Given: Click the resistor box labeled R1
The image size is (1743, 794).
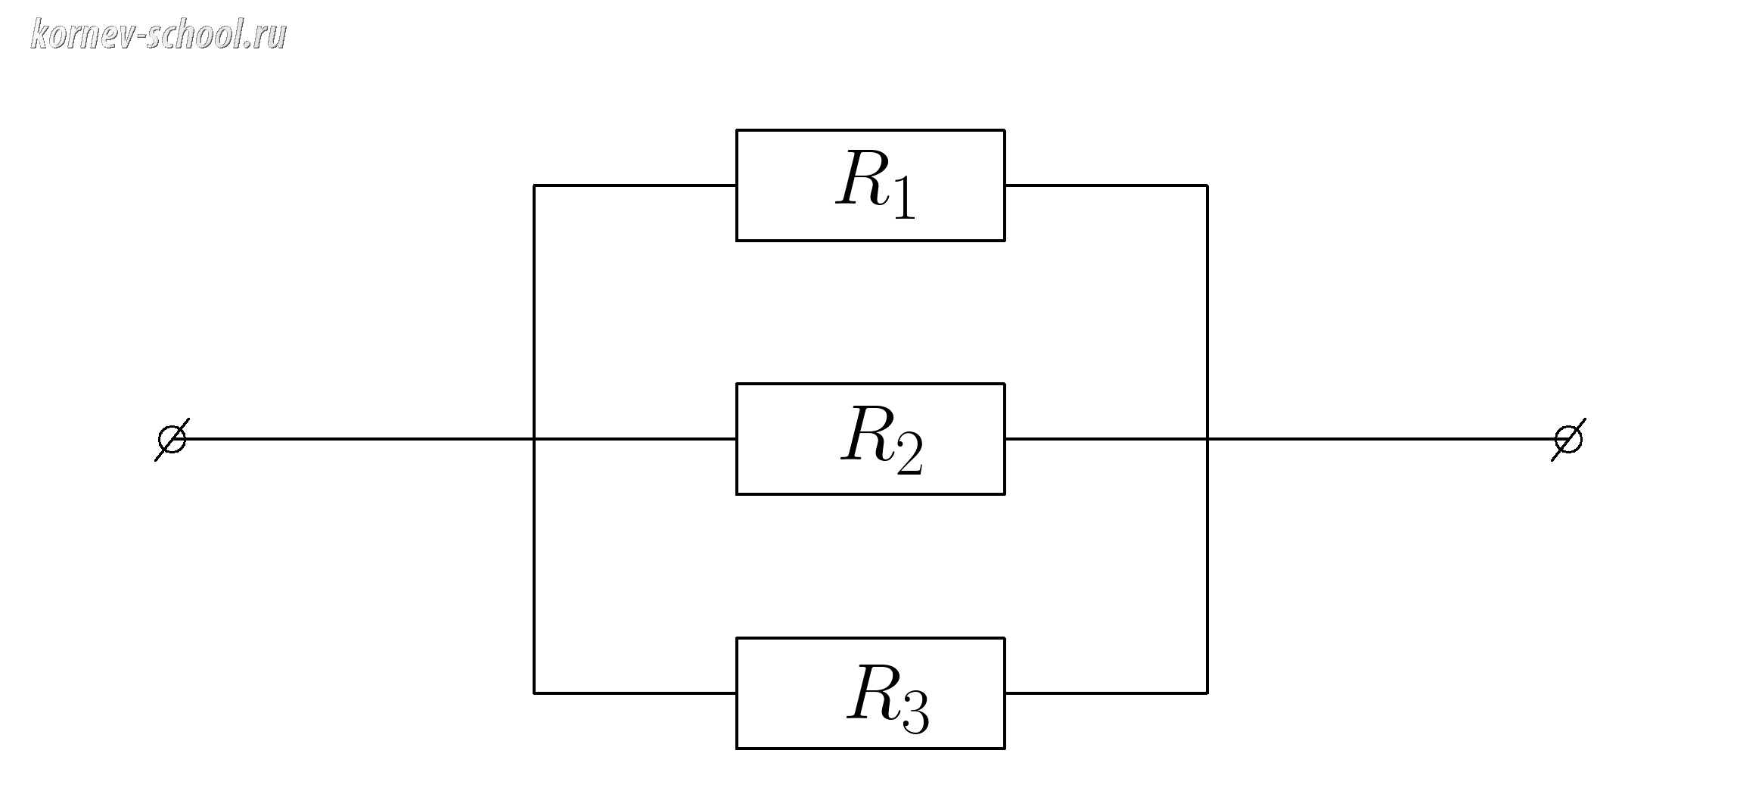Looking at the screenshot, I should click(x=870, y=185).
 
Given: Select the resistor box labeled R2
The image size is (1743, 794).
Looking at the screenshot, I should click(x=870, y=439).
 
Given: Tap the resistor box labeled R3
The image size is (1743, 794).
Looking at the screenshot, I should click(x=870, y=693).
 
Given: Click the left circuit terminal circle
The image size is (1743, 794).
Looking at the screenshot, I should click(x=171, y=439).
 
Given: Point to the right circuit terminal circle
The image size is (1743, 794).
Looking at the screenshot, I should click(x=1568, y=439).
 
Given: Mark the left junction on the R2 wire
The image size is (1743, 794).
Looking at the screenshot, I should click(x=534, y=439).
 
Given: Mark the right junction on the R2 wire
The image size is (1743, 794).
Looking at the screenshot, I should click(x=1207, y=439).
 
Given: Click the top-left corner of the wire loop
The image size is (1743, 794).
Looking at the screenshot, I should click(x=534, y=185).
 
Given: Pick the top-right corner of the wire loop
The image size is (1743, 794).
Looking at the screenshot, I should click(x=1207, y=185).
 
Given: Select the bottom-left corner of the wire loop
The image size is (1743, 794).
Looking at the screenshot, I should click(x=534, y=693).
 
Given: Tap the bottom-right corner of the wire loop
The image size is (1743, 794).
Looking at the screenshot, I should click(x=1207, y=693).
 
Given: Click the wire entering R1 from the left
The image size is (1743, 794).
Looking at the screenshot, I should click(x=635, y=185).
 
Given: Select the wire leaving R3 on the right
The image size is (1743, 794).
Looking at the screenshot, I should click(x=1106, y=693).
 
